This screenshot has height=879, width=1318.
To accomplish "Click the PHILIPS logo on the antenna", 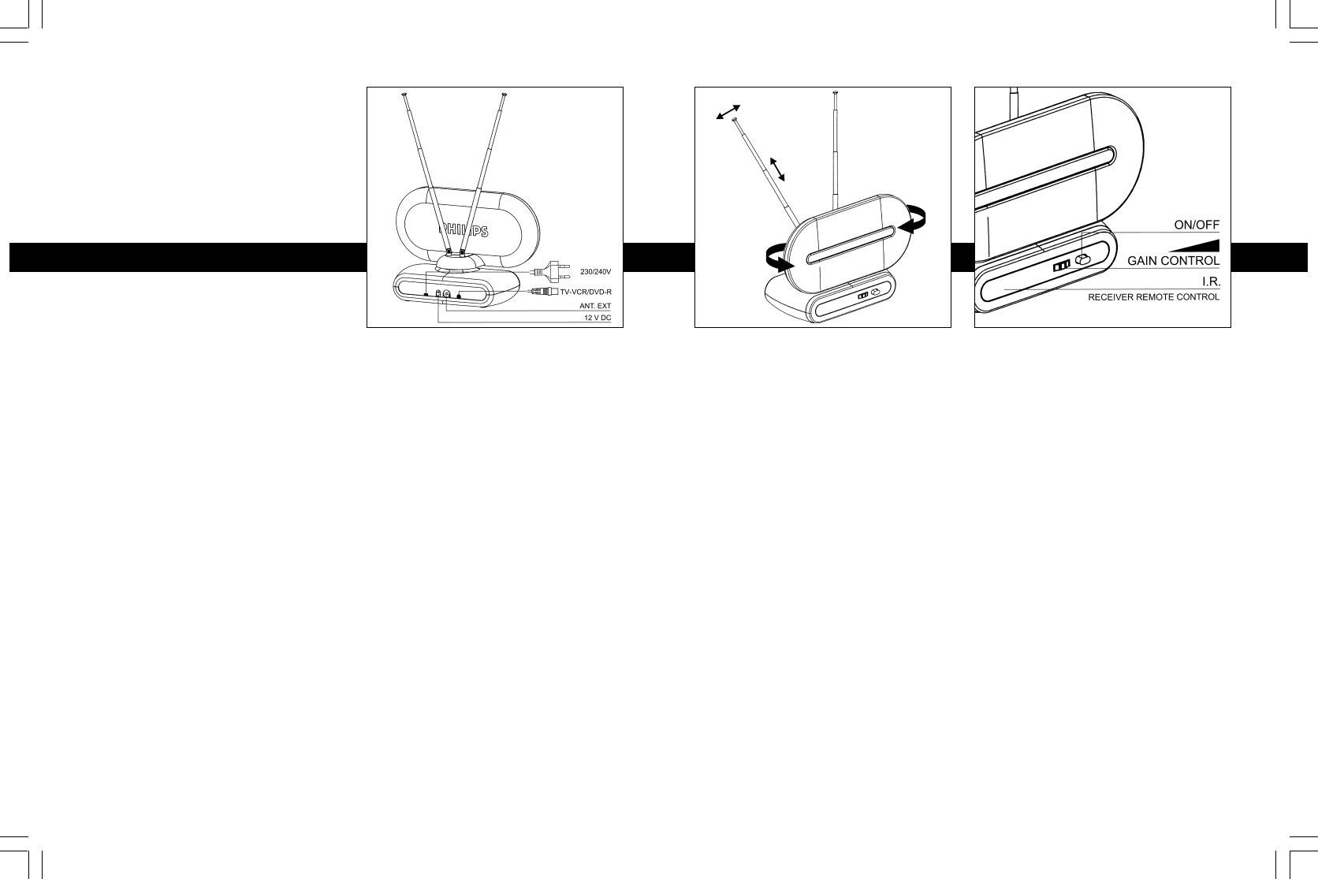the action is click(x=463, y=231).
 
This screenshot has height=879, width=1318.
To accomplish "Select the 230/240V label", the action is click(x=595, y=272).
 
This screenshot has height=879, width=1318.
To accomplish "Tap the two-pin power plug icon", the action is click(x=552, y=270).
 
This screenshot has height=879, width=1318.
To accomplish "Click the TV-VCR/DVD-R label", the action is click(x=585, y=292).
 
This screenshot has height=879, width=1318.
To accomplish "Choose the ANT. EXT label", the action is click(x=595, y=305).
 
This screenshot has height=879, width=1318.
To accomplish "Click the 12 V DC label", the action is click(x=597, y=318).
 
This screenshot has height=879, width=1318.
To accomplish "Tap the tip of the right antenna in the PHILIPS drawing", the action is click(x=504, y=96).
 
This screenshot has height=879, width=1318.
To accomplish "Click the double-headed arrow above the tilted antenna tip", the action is click(x=728, y=112).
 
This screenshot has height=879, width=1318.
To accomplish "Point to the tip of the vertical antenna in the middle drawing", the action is click(x=834, y=94).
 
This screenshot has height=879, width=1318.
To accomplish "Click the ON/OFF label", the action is click(x=1197, y=225).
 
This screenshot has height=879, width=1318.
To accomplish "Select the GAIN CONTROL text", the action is click(x=1173, y=260).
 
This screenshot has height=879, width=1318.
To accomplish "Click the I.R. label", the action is click(x=1210, y=281).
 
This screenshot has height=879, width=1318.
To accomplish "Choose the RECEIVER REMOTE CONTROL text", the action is click(x=1153, y=298).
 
